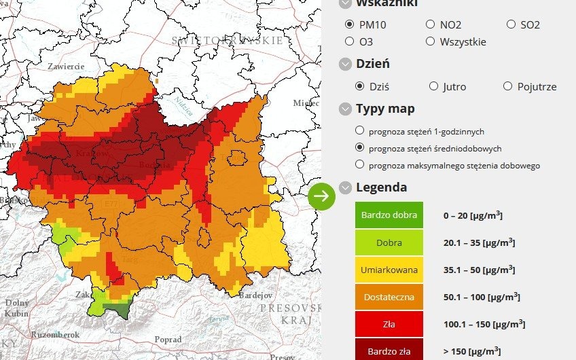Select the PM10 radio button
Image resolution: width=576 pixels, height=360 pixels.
click(350, 24)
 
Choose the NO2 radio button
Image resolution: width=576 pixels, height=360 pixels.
click(430, 24)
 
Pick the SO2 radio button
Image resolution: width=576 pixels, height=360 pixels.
click(511, 24)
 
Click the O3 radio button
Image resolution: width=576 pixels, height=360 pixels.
click(350, 41)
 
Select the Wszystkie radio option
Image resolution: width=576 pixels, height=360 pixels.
click(430, 41)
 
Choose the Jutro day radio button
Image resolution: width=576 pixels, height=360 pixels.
click(434, 86)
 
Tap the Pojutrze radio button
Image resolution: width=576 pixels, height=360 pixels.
click(507, 86)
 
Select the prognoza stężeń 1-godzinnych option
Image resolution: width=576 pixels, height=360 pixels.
click(359, 131)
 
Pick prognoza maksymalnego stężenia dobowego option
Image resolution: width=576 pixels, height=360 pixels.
click(359, 164)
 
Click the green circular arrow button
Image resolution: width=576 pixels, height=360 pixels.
click(321, 196)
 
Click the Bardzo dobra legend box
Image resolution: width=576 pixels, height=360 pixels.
click(389, 215)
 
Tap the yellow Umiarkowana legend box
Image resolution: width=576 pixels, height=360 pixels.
click(389, 270)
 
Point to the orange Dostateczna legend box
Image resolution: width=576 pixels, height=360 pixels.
click(389, 297)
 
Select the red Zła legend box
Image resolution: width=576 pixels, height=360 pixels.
click(389, 324)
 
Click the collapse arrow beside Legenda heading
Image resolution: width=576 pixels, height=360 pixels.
click(346, 187)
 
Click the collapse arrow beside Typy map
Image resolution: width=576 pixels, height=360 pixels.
click(346, 109)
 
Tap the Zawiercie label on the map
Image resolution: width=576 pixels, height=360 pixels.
click(66, 67)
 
